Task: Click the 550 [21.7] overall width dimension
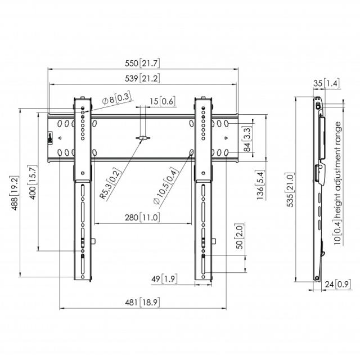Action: (142, 63)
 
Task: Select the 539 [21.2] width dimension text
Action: (142, 79)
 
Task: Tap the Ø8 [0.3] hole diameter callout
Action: (117, 98)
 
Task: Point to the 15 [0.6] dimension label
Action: (163, 101)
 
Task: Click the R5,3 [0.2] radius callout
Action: (110, 184)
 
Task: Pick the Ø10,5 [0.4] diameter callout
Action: (165, 186)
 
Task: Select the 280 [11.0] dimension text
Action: (142, 218)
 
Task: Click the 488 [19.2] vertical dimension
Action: (14, 193)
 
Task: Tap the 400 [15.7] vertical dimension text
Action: (33, 182)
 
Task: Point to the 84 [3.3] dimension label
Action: (247, 139)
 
